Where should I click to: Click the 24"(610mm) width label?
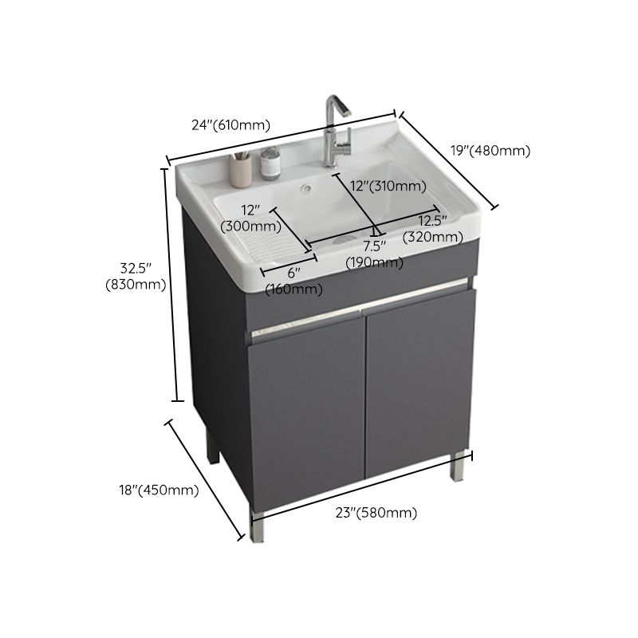coord(230,124)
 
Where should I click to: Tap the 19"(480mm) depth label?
coord(490,150)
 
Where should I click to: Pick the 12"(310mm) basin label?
coord(388,187)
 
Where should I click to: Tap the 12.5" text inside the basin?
coord(433,220)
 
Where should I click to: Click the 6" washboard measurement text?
coord(294,273)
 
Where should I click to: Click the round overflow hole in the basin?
coord(304,190)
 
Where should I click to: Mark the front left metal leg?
coord(256,522)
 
